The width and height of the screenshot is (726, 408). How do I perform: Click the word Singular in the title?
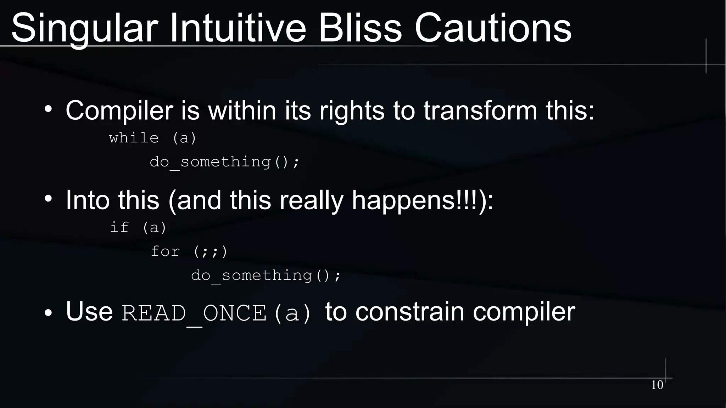click(x=84, y=28)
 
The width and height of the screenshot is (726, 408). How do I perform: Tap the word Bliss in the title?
click(x=360, y=28)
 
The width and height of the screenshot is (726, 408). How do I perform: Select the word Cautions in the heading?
click(x=493, y=28)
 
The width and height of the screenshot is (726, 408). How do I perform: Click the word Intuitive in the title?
click(x=238, y=28)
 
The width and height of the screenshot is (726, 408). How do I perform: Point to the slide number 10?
click(x=657, y=385)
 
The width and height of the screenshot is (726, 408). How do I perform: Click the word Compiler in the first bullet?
click(x=119, y=111)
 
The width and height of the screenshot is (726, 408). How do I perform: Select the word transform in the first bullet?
click(x=480, y=111)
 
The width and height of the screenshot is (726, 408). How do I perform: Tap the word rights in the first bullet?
click(x=352, y=111)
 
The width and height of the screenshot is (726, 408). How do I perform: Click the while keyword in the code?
click(x=134, y=138)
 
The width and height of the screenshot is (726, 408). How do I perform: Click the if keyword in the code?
click(x=119, y=227)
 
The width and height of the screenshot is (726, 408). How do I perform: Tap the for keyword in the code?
click(x=165, y=251)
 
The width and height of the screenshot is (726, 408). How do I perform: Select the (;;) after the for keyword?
click(x=210, y=251)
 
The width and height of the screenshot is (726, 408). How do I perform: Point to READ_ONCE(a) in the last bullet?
click(x=216, y=313)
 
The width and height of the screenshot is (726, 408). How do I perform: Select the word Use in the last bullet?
click(x=89, y=312)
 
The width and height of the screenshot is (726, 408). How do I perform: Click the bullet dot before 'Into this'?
click(x=49, y=199)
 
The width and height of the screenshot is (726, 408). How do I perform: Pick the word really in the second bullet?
click(x=311, y=200)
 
